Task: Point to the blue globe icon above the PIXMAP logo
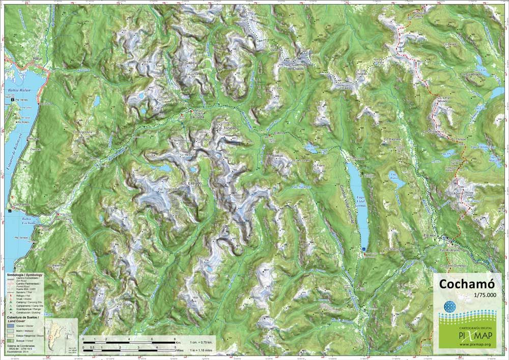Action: coord(449,308)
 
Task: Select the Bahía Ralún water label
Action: coord(20,91)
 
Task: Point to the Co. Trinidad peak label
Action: coord(227,128)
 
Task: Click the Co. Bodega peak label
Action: coord(277,156)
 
